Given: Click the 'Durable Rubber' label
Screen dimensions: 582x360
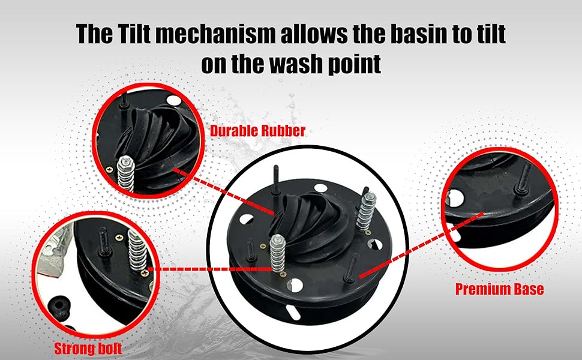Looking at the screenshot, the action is tap(257, 131).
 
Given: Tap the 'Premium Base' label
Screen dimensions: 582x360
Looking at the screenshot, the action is tap(499, 289).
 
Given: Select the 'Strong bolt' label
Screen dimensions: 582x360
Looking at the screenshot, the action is tap(88, 349).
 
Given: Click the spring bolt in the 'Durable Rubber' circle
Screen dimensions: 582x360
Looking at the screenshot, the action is tap(125, 175).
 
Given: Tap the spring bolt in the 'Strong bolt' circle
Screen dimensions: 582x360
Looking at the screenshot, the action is tap(137, 251).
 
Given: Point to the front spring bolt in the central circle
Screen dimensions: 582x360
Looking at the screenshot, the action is tap(277, 253).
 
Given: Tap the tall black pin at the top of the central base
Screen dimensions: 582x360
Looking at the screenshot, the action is tap(276, 179).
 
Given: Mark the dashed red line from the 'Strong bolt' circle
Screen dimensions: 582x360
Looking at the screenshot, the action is tap(211, 269).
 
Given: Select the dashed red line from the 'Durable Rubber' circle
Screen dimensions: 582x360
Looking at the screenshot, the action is tap(224, 192).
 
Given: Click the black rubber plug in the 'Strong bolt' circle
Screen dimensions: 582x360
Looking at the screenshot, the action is tap(59, 308).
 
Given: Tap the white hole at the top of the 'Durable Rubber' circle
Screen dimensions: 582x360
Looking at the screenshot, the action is tap(174, 100).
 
